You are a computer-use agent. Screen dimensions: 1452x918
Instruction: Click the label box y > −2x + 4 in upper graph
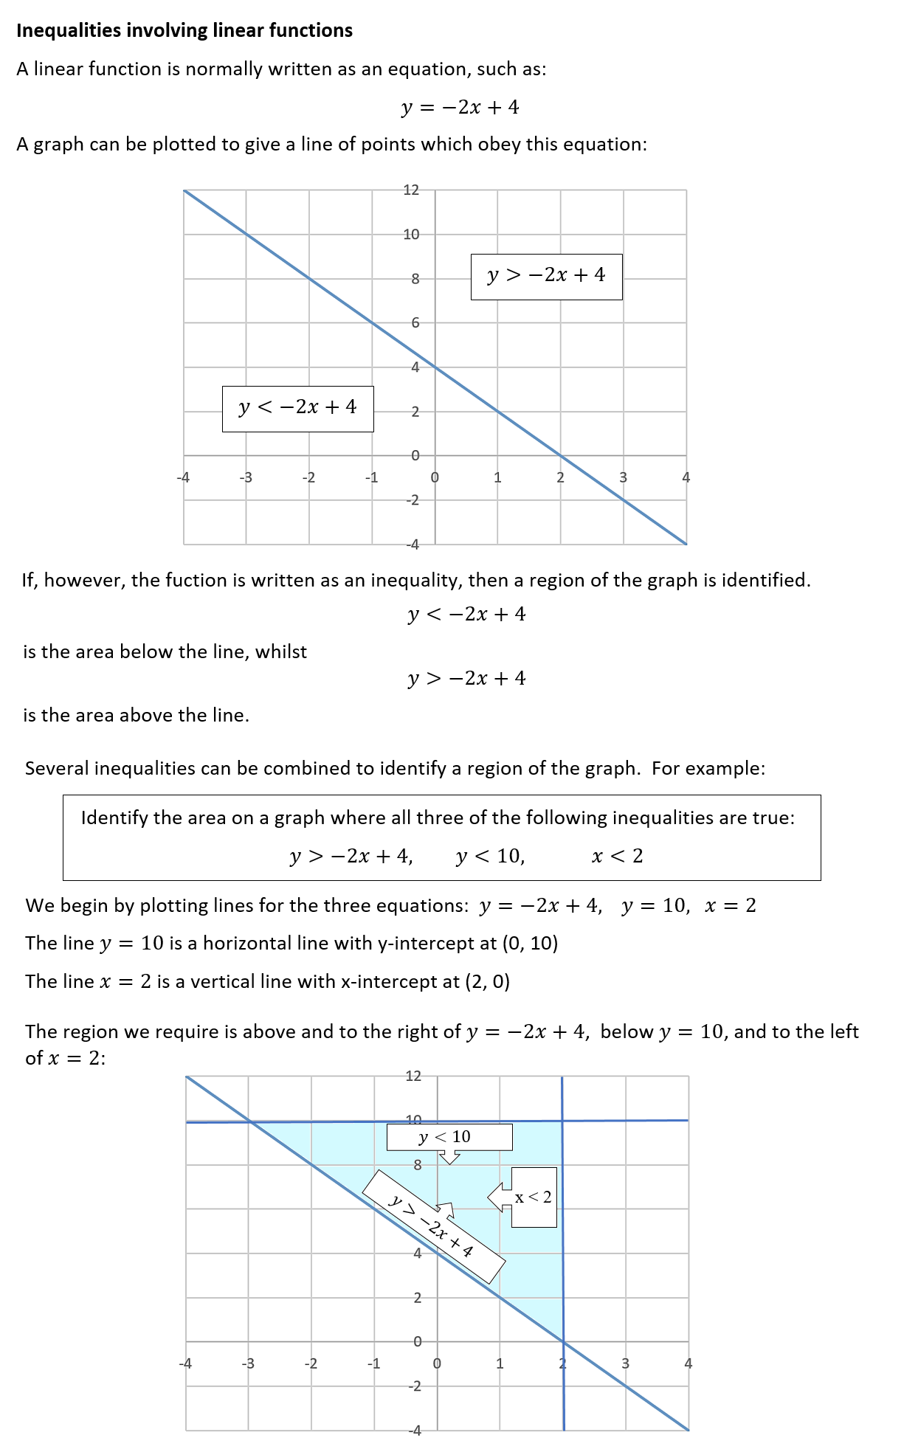pos(546,276)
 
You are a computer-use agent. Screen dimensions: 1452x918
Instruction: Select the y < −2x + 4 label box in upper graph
pos(297,408)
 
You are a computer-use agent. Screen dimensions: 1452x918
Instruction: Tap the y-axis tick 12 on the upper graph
pos(411,190)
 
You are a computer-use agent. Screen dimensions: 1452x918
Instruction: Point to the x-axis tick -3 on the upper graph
pos(246,477)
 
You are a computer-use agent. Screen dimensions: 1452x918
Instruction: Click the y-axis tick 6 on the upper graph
pos(415,322)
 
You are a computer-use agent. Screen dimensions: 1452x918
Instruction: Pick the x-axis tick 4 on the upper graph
pos(686,477)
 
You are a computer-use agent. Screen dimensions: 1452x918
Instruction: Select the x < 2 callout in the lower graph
pos(533,1197)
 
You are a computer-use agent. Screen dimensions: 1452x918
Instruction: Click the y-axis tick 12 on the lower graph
pos(413,1076)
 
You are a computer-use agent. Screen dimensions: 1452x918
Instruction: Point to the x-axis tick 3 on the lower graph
pos(625,1363)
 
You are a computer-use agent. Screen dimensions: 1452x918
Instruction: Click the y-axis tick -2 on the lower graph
pos(415,1386)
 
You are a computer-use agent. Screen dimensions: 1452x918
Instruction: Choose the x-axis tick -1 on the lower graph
pos(373,1363)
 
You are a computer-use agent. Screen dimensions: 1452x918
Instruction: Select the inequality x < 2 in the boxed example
pos(618,856)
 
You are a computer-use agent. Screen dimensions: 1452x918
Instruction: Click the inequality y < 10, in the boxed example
pos(490,856)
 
